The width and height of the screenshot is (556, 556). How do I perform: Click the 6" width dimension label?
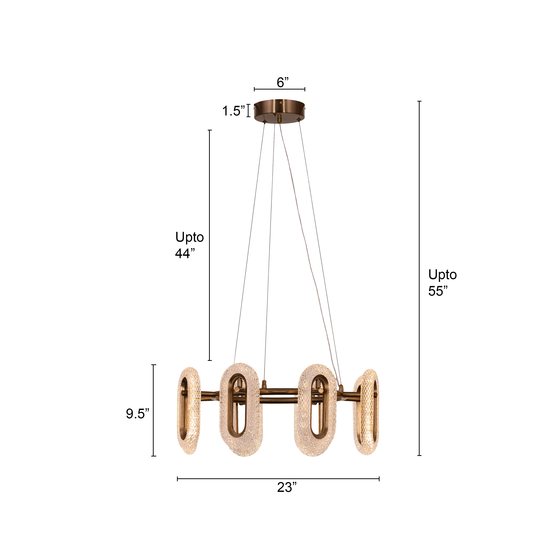point(283,83)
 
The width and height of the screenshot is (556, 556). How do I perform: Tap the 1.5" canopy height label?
point(233,111)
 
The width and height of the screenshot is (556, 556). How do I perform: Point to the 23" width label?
point(287,487)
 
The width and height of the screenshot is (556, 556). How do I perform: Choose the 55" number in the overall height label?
point(438,291)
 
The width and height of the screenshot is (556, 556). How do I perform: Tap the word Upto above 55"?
point(442,275)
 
